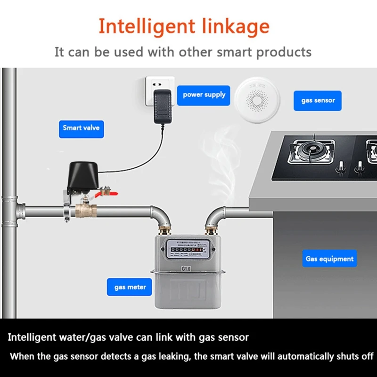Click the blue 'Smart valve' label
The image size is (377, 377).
81,128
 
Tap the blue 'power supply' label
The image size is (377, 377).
204,95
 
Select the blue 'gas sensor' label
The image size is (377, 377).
317,100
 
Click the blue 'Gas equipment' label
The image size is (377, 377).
329,259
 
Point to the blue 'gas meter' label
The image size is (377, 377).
130,287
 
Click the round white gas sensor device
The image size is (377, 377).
257,101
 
